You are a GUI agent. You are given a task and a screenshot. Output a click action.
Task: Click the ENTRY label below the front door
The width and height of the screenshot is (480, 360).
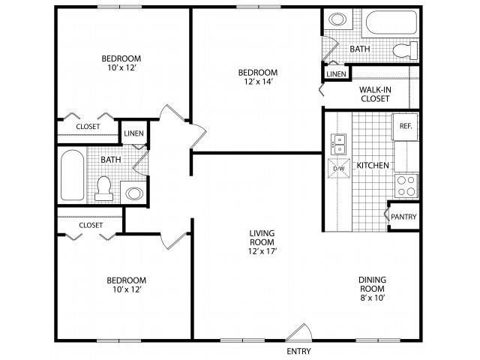[298, 351]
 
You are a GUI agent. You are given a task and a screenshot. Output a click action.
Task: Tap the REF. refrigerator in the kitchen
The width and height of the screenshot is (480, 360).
[405, 127]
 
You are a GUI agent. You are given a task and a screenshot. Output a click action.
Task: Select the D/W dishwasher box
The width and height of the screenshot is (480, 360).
[339, 168]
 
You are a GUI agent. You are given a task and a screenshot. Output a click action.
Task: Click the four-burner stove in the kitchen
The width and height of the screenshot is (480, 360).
[406, 186]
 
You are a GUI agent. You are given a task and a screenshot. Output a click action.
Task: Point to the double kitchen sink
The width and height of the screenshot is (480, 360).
[338, 144]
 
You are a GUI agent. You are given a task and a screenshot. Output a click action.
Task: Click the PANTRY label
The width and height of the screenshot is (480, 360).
[403, 217]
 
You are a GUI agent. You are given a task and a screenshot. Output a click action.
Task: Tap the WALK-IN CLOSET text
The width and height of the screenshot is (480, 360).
[375, 94]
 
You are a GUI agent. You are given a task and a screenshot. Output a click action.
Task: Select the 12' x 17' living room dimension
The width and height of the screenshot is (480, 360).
[262, 251]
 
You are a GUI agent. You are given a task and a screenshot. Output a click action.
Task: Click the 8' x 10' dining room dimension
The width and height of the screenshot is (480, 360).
[372, 298]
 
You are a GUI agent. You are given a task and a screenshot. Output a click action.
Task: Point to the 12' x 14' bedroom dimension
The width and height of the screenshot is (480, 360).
[258, 82]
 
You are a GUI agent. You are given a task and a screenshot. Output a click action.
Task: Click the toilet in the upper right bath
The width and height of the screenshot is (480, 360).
[405, 50]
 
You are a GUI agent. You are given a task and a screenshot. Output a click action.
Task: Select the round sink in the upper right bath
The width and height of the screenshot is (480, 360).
[337, 19]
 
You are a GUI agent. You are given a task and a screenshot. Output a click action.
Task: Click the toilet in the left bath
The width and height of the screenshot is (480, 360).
[103, 188]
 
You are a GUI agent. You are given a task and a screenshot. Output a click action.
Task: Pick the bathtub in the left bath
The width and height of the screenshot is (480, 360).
[72, 175]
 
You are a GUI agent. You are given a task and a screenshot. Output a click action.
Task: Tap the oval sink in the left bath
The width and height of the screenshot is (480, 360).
[134, 193]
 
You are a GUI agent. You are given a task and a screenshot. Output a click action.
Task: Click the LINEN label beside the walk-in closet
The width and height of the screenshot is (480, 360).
[336, 74]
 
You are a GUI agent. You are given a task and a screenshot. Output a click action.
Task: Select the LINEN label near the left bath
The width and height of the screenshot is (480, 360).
[133, 133]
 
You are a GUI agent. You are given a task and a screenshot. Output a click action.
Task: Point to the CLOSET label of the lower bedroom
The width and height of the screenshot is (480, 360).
[91, 225]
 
